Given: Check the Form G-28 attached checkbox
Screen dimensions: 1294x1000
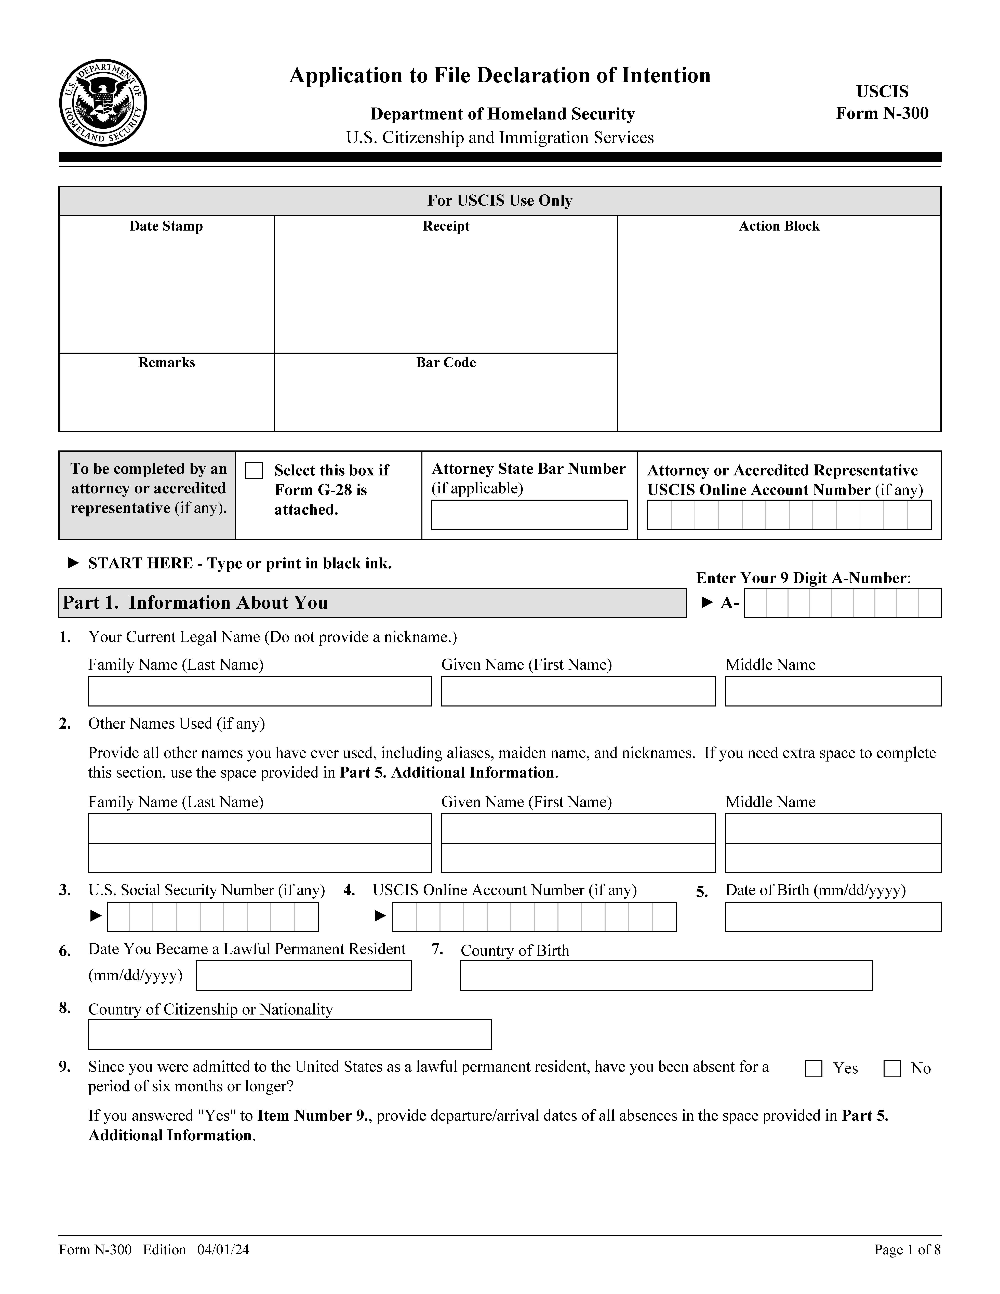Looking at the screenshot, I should click(254, 470).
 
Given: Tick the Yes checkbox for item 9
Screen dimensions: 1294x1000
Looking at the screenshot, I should click(813, 1068).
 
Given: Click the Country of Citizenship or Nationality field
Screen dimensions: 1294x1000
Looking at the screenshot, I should click(290, 1034).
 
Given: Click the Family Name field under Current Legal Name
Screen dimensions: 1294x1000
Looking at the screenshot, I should click(259, 691).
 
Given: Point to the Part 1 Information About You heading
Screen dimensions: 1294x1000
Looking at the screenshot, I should click(195, 603).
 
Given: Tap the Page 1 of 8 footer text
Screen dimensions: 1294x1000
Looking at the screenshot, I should click(907, 1250).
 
